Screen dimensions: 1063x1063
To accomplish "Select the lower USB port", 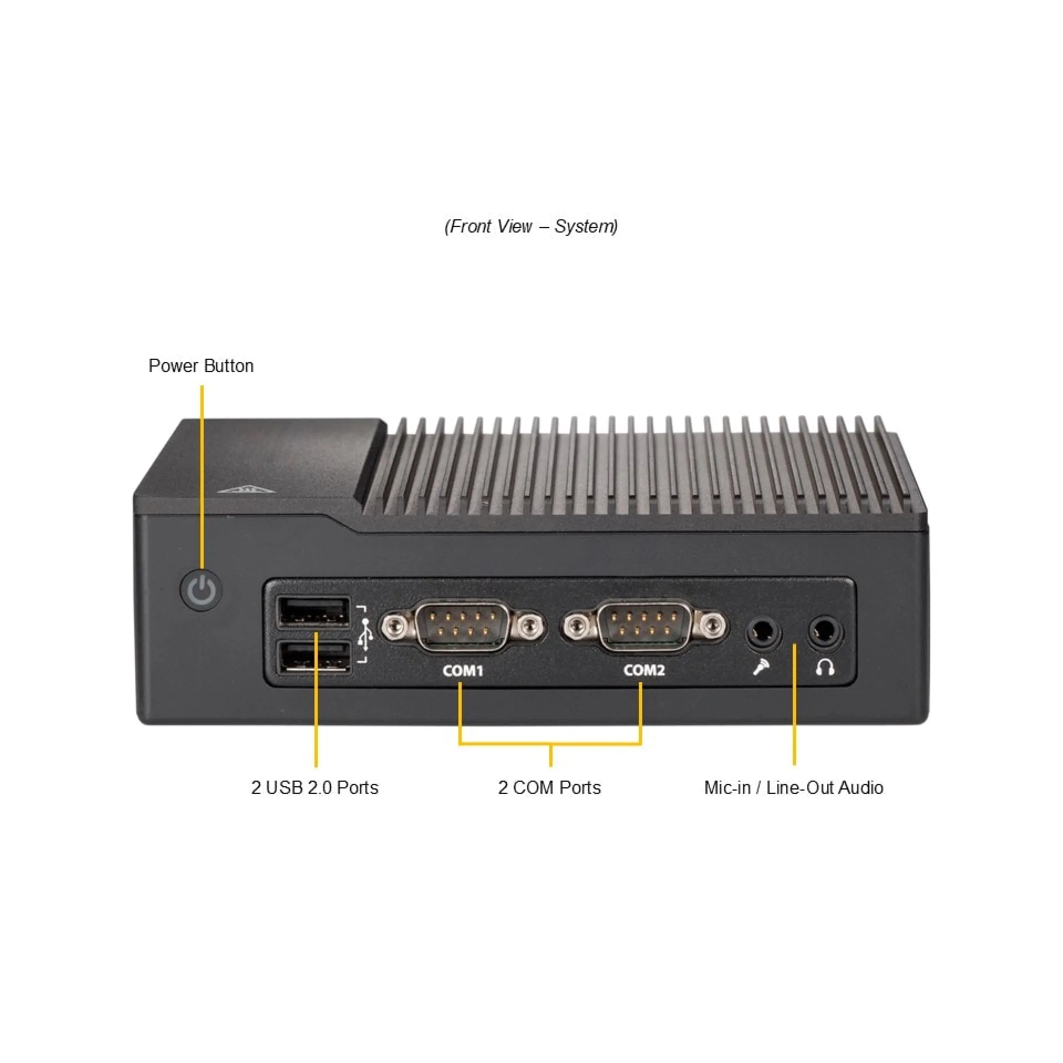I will click(x=314, y=657).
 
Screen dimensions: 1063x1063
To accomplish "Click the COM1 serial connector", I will click(x=462, y=626).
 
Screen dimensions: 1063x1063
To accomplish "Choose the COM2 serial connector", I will click(x=644, y=626).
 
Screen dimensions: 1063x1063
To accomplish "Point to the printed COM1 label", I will click(x=463, y=670).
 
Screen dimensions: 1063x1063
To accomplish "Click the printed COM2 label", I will click(x=644, y=670).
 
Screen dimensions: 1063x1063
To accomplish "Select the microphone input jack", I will click(x=763, y=631).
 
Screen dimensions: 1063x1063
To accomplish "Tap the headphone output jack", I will click(x=825, y=629).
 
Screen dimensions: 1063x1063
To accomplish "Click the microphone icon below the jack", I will click(x=761, y=667).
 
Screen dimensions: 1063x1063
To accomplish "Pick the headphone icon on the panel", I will click(x=825, y=667).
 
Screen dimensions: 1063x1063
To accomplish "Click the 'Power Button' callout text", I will click(x=201, y=366).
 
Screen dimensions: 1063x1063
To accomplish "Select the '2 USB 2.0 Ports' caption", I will click(x=314, y=787).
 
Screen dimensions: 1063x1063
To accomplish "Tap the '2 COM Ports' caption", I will click(x=549, y=787).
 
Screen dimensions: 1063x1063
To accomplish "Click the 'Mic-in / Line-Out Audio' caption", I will click(x=793, y=787).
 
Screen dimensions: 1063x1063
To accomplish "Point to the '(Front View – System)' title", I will click(x=531, y=226).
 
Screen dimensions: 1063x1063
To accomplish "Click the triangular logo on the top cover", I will click(x=245, y=489).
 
